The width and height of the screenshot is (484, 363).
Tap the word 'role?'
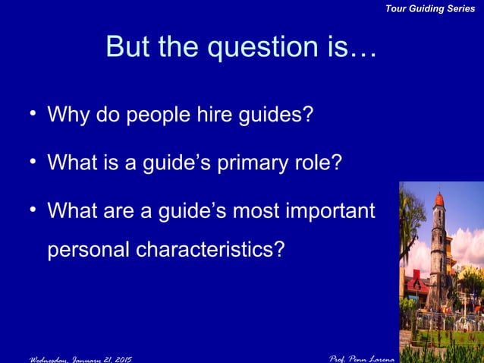(322, 163)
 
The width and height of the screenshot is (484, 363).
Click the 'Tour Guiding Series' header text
(430, 8)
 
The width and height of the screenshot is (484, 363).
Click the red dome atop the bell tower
(438, 200)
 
